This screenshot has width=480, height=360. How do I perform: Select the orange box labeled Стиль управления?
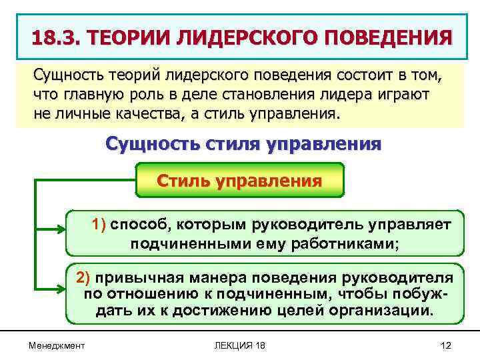pos(239,181)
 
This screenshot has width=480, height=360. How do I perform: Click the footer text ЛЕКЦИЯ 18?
pos(239,345)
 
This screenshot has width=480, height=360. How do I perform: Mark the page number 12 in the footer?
pos(446,345)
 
